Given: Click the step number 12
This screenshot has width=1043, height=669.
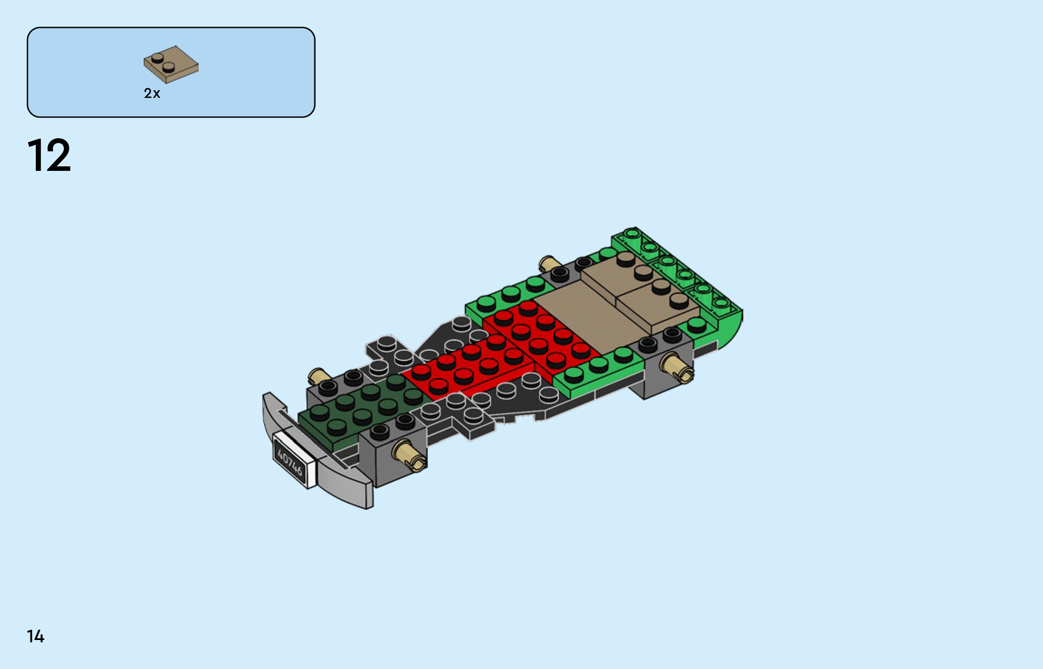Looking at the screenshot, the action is (x=49, y=155).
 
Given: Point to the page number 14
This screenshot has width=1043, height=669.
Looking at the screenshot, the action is (x=35, y=636).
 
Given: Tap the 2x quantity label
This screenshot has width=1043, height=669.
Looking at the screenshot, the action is (x=152, y=93).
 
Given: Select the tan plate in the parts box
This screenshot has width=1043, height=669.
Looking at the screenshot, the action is (x=171, y=64).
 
